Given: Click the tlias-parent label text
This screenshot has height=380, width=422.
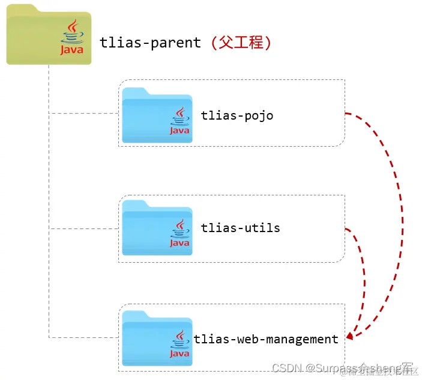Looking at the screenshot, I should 151,43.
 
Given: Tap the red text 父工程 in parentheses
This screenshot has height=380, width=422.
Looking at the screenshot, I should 240,43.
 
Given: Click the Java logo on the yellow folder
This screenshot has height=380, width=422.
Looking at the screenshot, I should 72,37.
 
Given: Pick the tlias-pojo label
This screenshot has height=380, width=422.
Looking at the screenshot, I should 237,115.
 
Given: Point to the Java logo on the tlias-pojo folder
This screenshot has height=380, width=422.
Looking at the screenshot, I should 179,121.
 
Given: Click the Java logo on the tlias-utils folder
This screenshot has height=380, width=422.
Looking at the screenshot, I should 179,233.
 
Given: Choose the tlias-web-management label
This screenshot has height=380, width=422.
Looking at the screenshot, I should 266,339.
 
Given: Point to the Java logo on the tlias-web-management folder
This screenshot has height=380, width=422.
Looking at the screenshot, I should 179,343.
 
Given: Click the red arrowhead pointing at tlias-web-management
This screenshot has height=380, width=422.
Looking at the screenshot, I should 349,335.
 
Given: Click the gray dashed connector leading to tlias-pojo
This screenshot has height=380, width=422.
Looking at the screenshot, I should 84,112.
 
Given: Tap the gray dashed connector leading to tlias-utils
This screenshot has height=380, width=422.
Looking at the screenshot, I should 84,228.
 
